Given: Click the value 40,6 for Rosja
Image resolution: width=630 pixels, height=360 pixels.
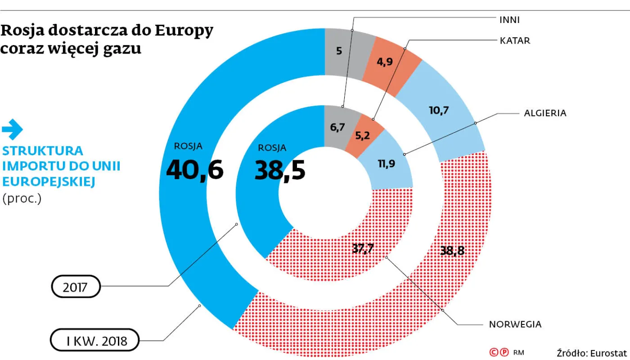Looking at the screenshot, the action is click(195, 170).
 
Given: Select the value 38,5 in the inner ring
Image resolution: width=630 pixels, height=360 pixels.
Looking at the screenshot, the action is click(280, 170).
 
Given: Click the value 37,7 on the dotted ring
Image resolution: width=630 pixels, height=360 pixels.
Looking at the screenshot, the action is click(363, 248).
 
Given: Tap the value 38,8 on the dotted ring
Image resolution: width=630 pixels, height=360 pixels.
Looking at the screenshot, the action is click(452, 250).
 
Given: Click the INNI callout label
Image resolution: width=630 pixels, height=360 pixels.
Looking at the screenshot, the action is click(509, 20).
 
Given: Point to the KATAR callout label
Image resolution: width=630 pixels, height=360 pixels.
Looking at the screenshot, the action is click(515, 41).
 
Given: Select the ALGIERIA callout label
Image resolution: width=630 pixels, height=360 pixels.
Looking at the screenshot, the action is click(545, 113).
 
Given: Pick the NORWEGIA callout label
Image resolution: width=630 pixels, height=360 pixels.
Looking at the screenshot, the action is click(515, 324).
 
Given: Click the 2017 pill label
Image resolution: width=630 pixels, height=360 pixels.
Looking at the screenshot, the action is click(76, 287).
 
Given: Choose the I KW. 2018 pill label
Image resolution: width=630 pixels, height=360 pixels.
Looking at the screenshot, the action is click(95, 340).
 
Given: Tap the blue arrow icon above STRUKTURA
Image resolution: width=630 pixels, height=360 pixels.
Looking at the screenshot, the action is click(13, 130).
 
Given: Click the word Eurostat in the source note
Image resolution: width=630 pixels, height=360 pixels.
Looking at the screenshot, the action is click(608, 353).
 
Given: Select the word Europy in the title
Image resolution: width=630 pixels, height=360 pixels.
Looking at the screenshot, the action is click(184, 31).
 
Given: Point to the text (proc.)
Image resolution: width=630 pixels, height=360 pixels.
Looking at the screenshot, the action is click(22, 198).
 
